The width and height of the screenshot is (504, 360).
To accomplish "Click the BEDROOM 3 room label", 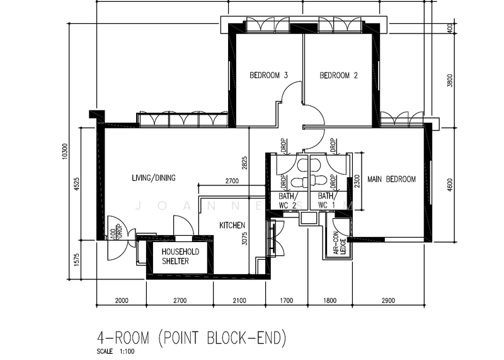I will pos(269,76).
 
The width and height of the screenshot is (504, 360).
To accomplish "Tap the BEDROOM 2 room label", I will pos(338,76).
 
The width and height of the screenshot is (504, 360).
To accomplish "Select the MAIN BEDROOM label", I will pos(392,180).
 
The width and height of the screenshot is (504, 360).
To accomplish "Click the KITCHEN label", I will pos(232,225).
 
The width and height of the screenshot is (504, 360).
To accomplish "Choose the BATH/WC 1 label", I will pos(328,200).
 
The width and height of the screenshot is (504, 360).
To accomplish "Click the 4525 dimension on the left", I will pos(77,183).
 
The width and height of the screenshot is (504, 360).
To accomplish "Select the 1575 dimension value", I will pos(77,258).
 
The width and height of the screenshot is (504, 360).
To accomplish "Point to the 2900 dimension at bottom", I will pos(388,301).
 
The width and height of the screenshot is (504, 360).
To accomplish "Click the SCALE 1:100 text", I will pos(115,351).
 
